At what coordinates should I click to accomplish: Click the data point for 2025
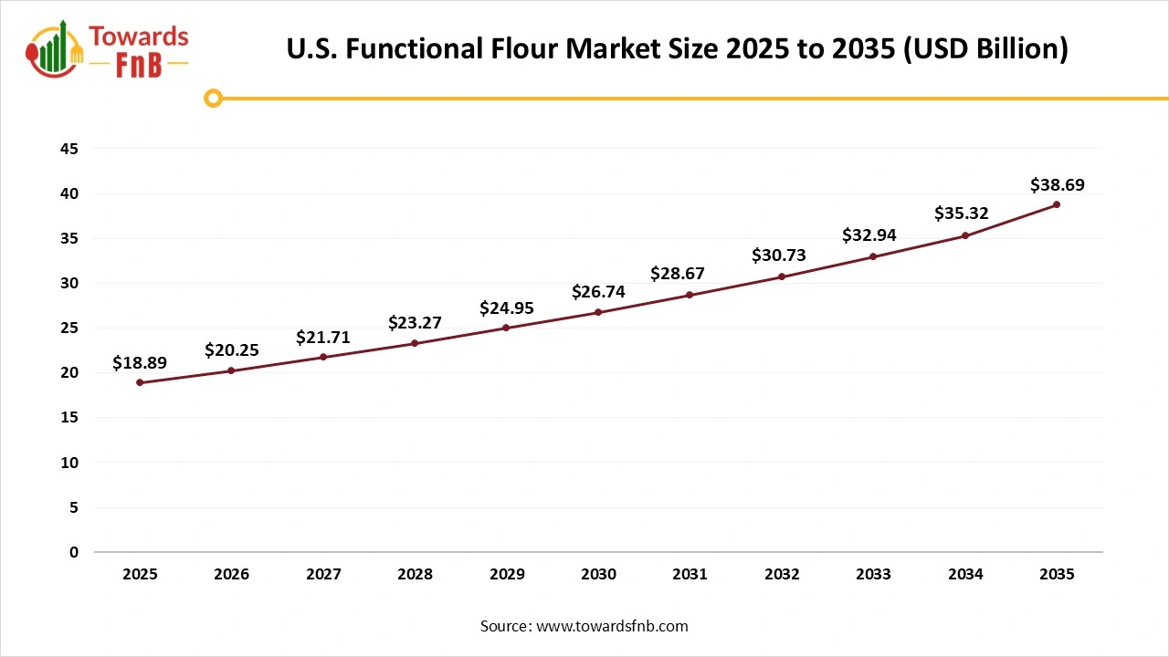140,382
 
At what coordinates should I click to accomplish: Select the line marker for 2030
598,312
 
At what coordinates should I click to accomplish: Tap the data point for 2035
1057,204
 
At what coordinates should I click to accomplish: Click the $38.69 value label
1057,185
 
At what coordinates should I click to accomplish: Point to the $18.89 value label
140,363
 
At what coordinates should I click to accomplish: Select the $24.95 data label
507,308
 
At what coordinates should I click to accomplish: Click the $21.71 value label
323,338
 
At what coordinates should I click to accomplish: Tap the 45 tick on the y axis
69,149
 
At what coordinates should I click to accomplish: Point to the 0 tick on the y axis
74,552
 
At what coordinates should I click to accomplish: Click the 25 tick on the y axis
69,328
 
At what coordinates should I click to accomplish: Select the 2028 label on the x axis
415,574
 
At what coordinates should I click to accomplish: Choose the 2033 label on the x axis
873,574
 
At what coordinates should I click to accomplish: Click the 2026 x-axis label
231,574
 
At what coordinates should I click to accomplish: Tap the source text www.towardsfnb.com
612,626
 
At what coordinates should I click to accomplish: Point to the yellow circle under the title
213,98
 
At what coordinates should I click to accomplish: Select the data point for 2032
782,276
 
